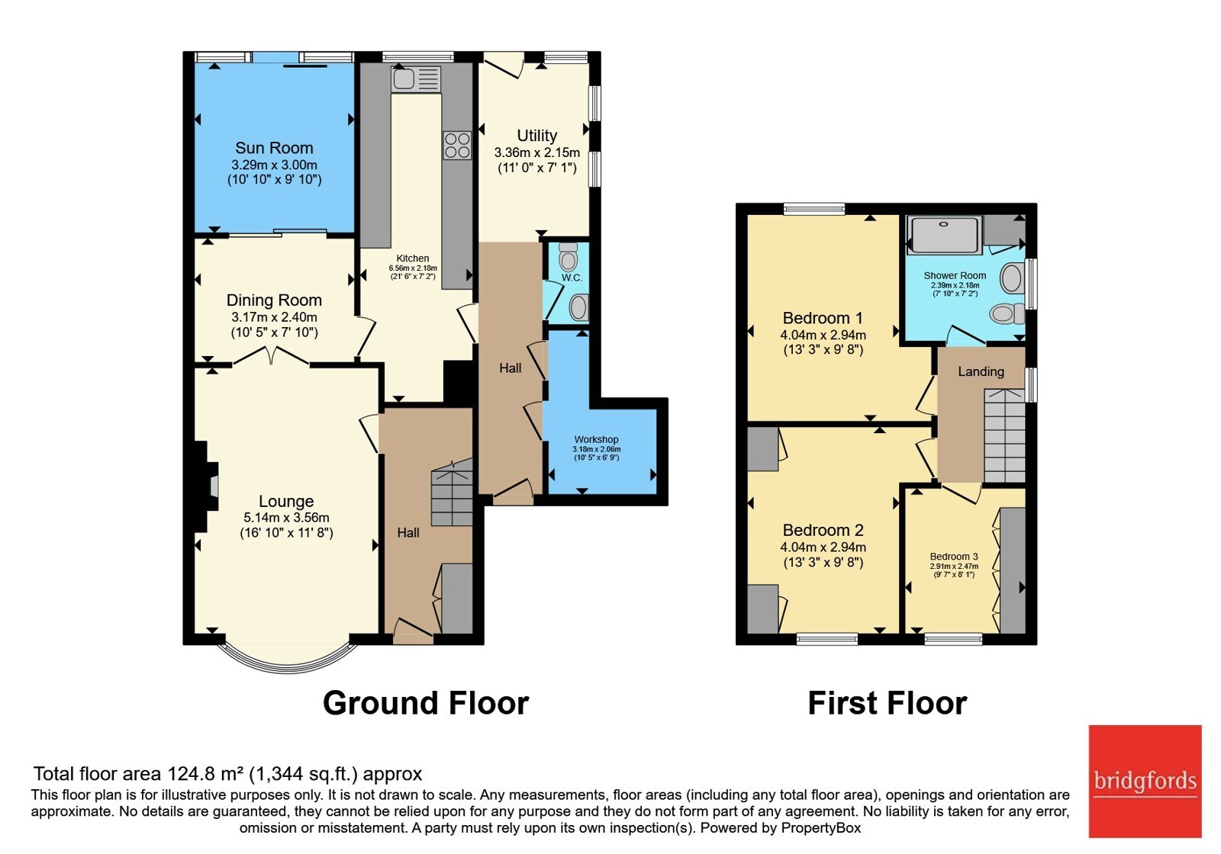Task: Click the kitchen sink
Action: [x=416, y=79]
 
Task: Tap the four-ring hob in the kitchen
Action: [x=457, y=146]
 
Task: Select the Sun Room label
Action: [x=274, y=148]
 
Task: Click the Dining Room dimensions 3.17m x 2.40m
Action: [x=274, y=317]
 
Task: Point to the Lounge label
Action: [x=286, y=501]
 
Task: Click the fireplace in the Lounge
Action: [x=206, y=486]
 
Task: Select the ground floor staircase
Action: [x=452, y=492]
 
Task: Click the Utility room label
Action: [x=537, y=135]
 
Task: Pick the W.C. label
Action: [x=572, y=278]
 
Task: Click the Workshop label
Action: [x=596, y=439]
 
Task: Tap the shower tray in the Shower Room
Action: [x=944, y=235]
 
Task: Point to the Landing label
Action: [x=981, y=371]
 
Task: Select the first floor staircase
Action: [x=1004, y=435]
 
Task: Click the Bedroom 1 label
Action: [x=823, y=318]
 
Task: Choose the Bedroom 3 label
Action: [x=954, y=557]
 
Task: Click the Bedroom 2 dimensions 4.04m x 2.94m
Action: [x=823, y=547]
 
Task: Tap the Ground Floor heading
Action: [x=426, y=703]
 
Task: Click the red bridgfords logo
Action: [x=1145, y=782]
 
